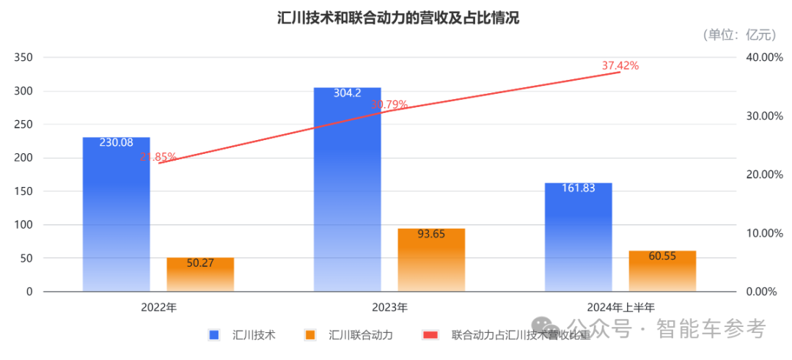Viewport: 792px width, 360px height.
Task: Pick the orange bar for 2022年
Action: (200, 274)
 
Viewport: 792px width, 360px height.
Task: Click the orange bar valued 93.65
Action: (432, 260)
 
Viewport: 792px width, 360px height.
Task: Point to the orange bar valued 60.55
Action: (662, 271)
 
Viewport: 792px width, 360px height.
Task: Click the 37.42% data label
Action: (620, 65)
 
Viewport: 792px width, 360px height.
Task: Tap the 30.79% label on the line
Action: (389, 105)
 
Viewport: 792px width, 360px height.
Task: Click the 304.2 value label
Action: (348, 93)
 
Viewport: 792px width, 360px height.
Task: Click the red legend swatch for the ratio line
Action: (430, 335)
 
